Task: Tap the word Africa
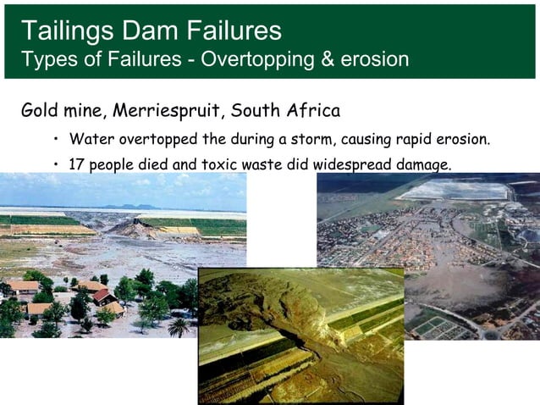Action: coord(309,111)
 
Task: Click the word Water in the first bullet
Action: coord(91,138)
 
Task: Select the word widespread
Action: coord(350,163)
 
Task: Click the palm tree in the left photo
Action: coord(179,325)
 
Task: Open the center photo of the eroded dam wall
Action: coord(300,336)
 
